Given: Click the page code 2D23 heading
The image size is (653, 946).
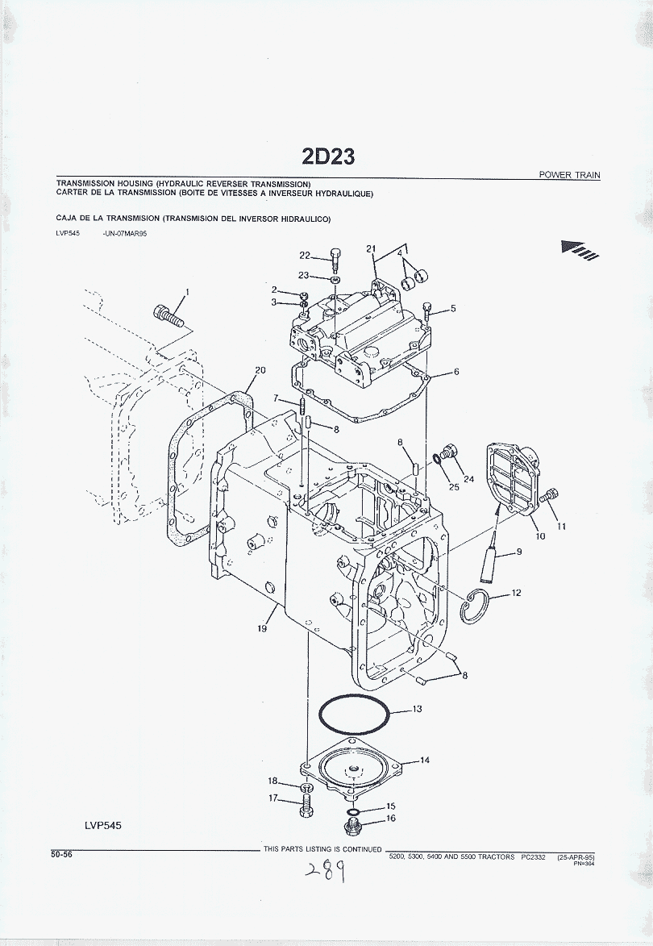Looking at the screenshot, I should pyautogui.click(x=328, y=156).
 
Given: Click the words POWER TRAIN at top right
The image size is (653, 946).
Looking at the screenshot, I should pyautogui.click(x=570, y=175).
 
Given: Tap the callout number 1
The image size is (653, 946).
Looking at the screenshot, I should pyautogui.click(x=187, y=291).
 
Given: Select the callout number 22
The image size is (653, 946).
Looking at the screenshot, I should pyautogui.click(x=305, y=256).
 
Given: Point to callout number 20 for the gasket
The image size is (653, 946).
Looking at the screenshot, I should pyautogui.click(x=260, y=370).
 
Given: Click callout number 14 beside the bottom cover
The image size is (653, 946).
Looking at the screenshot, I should pyautogui.click(x=424, y=760).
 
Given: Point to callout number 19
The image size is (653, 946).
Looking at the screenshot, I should pyautogui.click(x=262, y=629).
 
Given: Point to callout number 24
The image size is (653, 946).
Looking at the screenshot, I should pyautogui.click(x=468, y=478).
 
